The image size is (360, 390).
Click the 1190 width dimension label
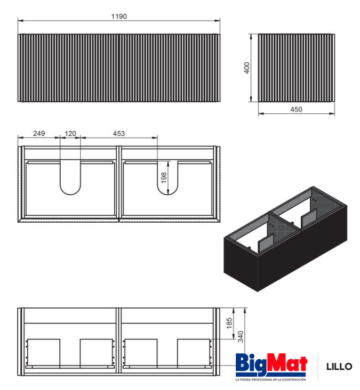click(119, 17)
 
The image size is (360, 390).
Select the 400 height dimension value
click(246, 68)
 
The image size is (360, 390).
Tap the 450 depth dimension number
click(296, 109)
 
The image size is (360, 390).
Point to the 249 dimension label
click(39, 133)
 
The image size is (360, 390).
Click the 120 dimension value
click(70, 134)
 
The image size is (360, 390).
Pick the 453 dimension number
click(119, 134)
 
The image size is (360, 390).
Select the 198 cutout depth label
click(164, 178)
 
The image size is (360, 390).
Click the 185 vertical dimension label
click(229, 323)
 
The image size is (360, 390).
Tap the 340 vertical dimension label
click(241, 337)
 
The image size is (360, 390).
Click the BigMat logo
click(271, 364)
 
